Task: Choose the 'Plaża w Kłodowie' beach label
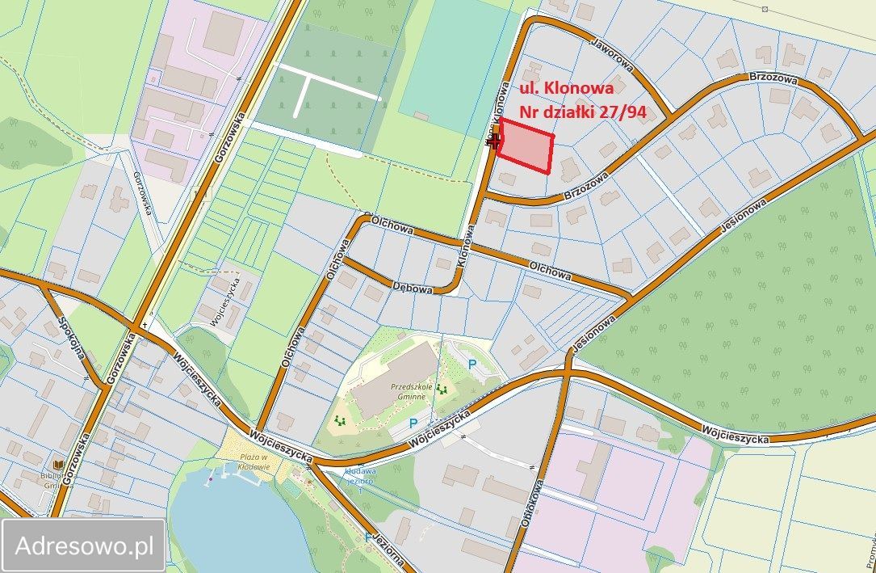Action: click(258, 463)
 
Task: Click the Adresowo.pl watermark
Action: click(84, 546)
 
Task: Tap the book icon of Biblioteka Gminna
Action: click(57, 465)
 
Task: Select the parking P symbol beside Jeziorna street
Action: click(369, 537)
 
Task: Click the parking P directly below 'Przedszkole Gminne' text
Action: click(413, 423)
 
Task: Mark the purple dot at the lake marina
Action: click(211, 478)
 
